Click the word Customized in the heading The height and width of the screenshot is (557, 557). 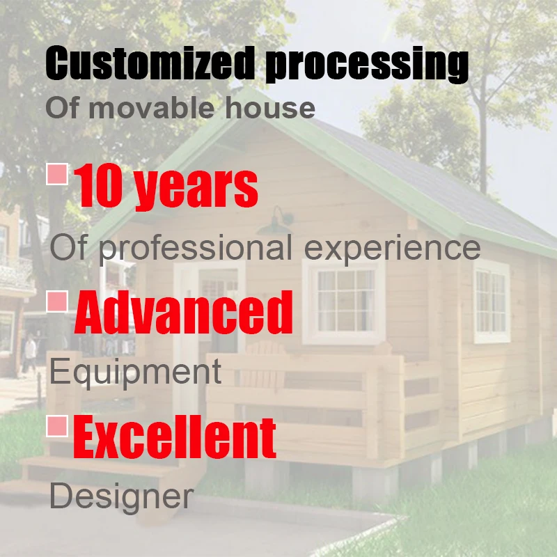[150, 64]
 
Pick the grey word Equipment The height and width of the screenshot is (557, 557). [136, 372]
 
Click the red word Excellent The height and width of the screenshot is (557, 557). [174, 437]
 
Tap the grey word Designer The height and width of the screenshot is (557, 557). [121, 496]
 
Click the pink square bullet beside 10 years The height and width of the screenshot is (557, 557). [57, 174]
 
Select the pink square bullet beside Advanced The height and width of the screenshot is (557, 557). [57, 301]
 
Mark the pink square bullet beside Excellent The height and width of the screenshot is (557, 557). [57, 425]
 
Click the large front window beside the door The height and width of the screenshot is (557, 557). [344, 301]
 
